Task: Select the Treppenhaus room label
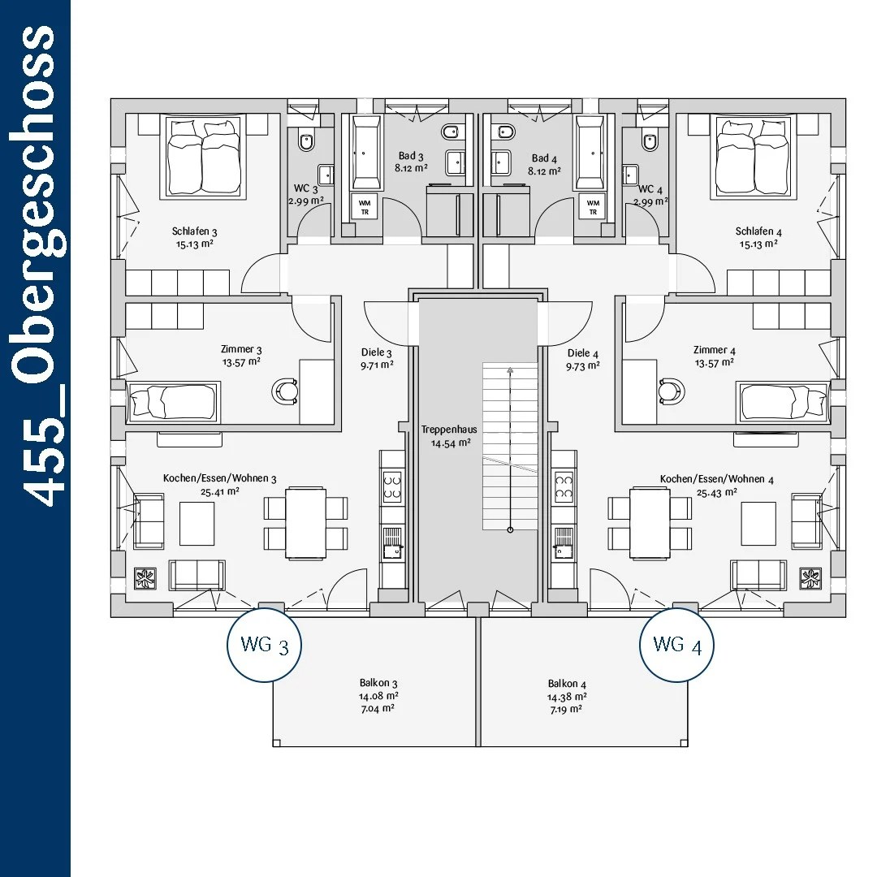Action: [x=449, y=430]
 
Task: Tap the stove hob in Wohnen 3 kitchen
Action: [x=392, y=487]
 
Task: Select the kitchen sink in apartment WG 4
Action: [x=564, y=542]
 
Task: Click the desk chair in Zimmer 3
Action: [x=285, y=391]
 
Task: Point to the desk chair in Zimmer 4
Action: [x=672, y=391]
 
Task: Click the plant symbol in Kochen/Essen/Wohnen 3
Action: [x=145, y=578]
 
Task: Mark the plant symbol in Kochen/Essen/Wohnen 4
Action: [x=810, y=578]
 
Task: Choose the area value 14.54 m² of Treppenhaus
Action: [x=451, y=443]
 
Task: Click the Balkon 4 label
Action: [x=567, y=684]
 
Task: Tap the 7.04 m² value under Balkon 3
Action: [x=378, y=709]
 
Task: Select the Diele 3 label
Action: [x=377, y=352]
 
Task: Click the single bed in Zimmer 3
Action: [x=173, y=402]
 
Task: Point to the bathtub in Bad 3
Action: [x=366, y=152]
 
